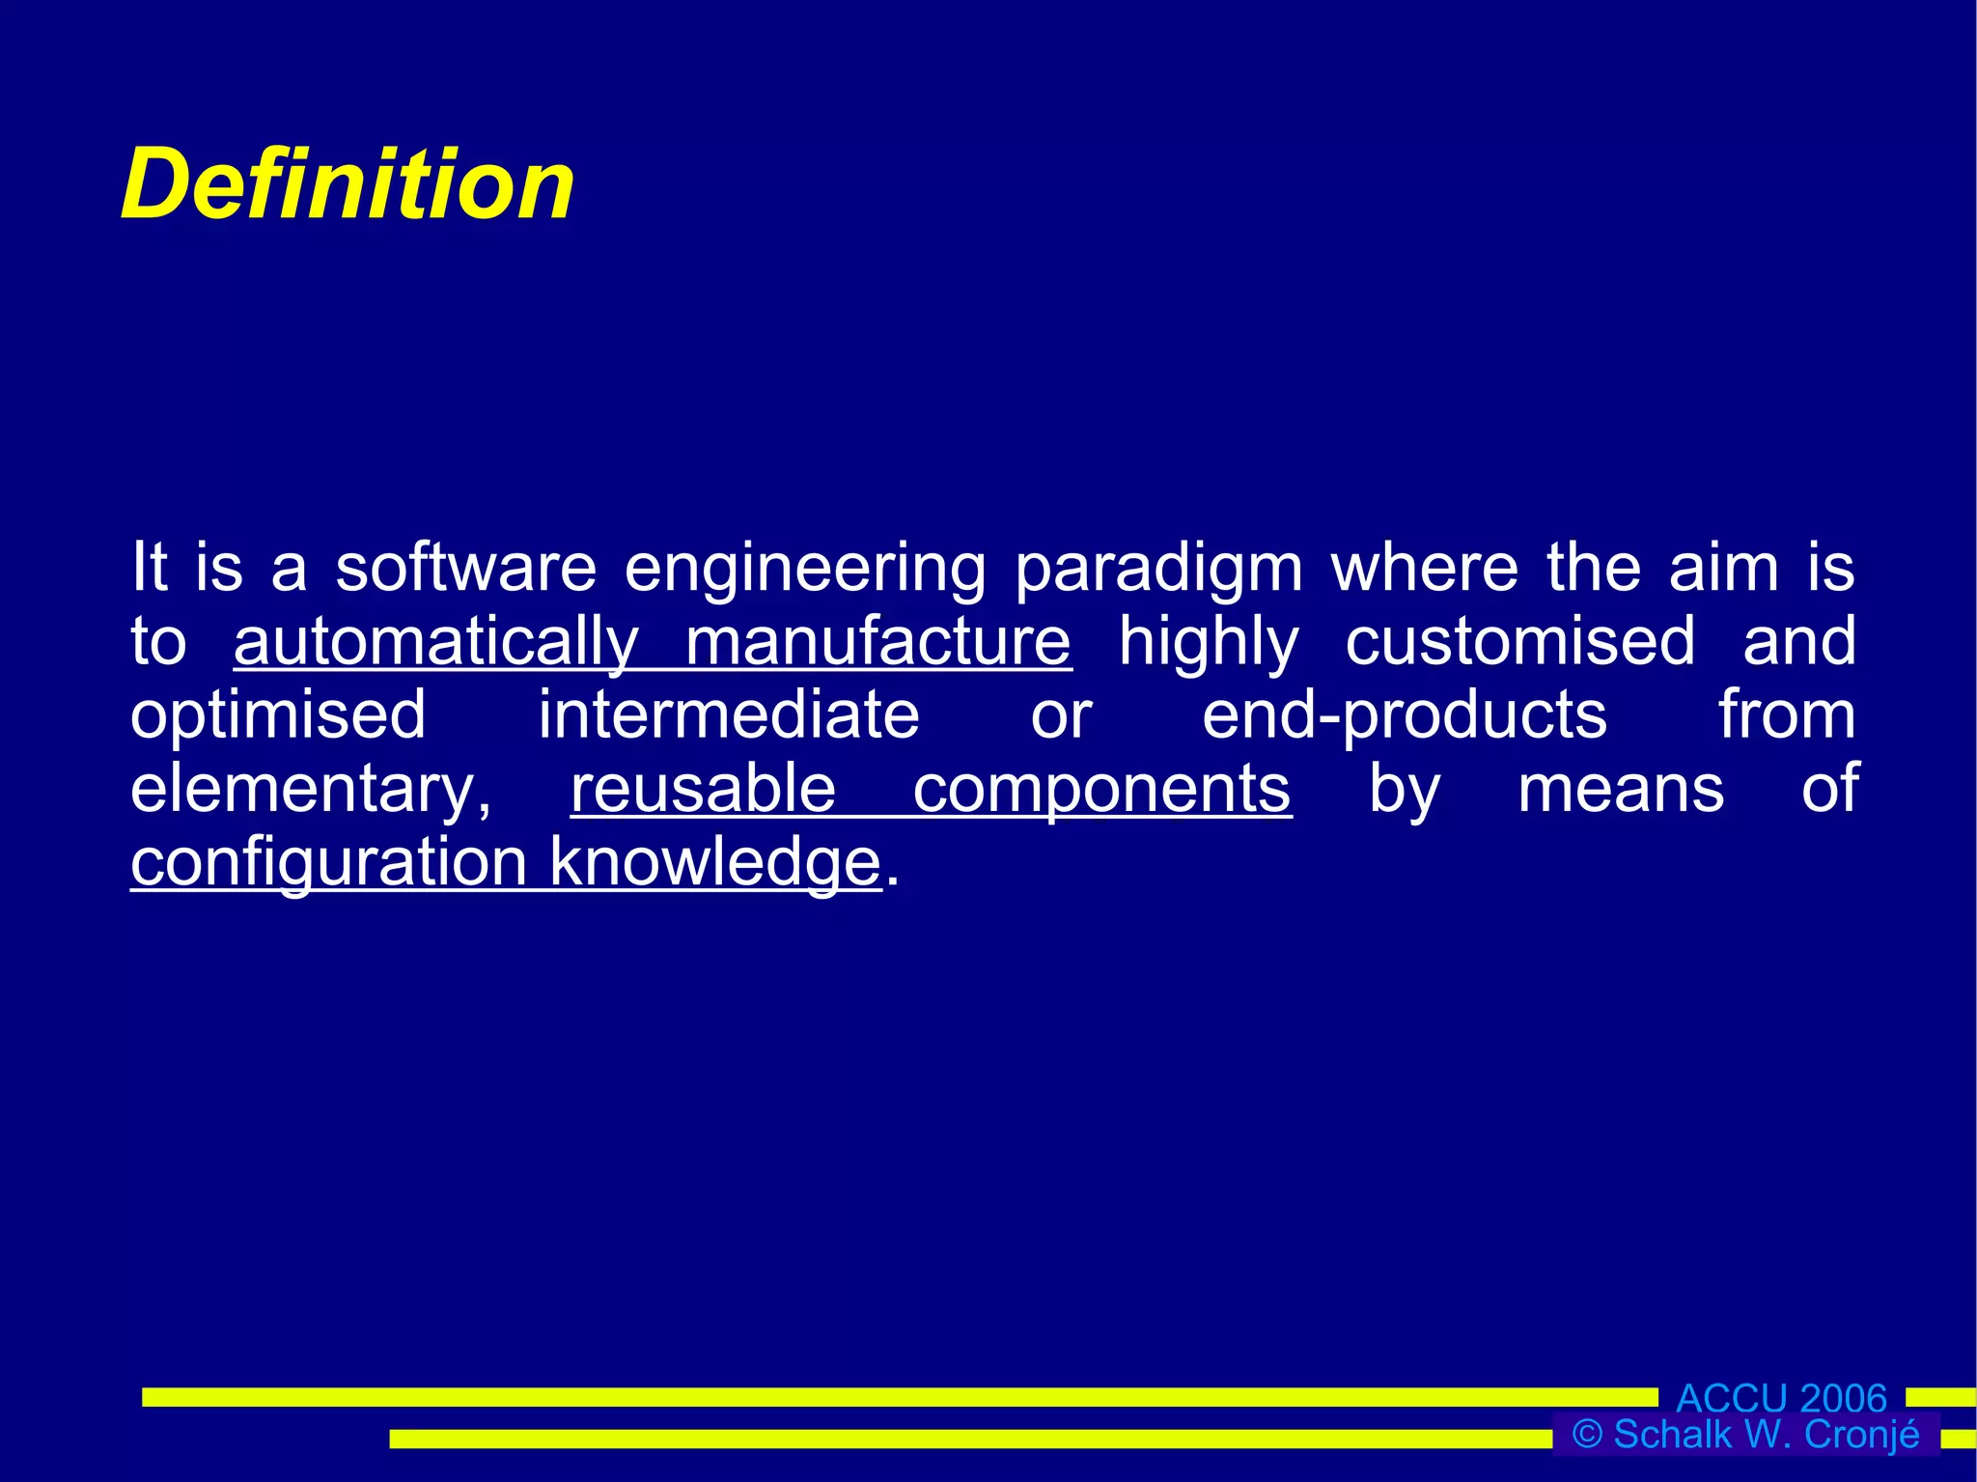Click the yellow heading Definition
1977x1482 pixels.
[348, 184]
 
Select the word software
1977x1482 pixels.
[465, 568]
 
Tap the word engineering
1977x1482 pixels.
[805, 570]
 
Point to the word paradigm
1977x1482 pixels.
[1158, 570]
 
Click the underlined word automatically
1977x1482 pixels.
[436, 643]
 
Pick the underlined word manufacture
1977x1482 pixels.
[877, 641]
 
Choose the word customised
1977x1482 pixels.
[1519, 641]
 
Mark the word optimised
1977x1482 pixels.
[278, 716]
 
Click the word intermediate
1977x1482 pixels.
[729, 715]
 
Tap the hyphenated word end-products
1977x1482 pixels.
[1405, 716]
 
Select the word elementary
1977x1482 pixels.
[311, 790]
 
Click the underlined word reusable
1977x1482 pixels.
[703, 789]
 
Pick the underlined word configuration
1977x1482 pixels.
[328, 863]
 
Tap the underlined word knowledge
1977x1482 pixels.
[715, 862]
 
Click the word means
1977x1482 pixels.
[1621, 789]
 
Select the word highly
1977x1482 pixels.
[1209, 643]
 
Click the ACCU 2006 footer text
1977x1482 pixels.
[1781, 1398]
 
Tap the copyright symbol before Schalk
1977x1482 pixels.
[1587, 1434]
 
